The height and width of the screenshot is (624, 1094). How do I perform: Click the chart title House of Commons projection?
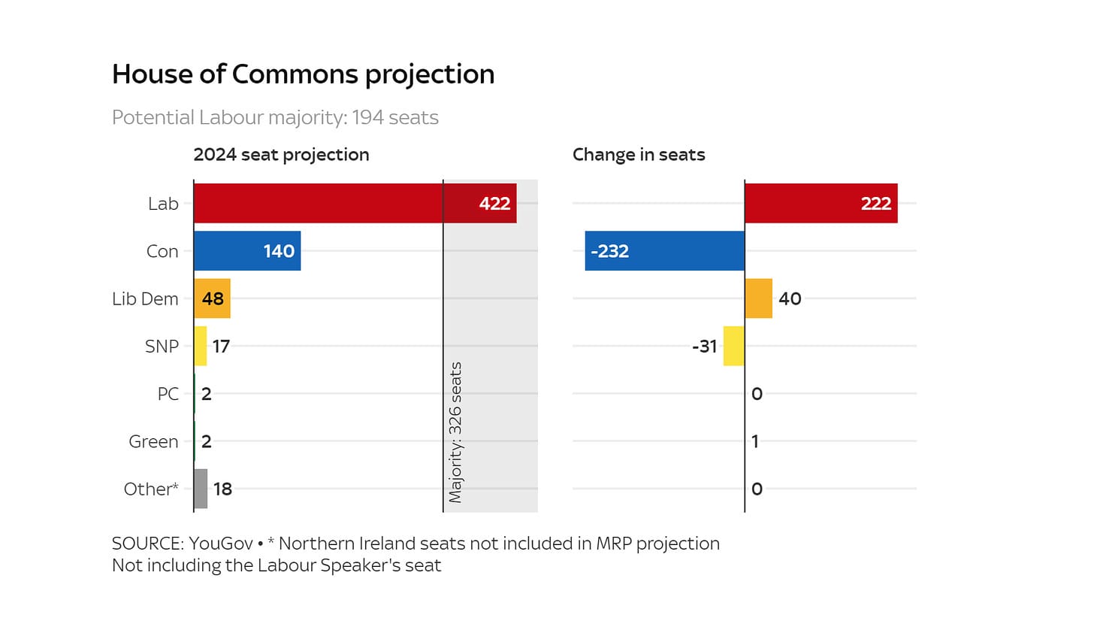pyautogui.click(x=303, y=74)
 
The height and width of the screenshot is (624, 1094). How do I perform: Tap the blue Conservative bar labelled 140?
pyautogui.click(x=246, y=251)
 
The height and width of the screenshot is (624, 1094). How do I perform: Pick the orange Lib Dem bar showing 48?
pyautogui.click(x=212, y=298)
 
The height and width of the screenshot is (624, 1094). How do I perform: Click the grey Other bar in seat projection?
pyautogui.click(x=201, y=489)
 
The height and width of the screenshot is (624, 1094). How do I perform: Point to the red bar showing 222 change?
pyautogui.click(x=820, y=203)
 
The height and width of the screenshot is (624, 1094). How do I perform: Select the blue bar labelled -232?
pyautogui.click(x=664, y=251)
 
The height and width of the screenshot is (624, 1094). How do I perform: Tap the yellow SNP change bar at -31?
pyautogui.click(x=733, y=346)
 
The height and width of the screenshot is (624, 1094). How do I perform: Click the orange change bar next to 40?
pyautogui.click(x=758, y=298)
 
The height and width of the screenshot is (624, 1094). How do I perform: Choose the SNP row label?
pyautogui.click(x=162, y=347)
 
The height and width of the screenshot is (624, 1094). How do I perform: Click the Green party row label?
pyautogui.click(x=153, y=441)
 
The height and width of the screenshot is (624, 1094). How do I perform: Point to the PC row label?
pyautogui.click(x=168, y=394)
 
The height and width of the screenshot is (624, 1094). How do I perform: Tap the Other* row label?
pyautogui.click(x=151, y=489)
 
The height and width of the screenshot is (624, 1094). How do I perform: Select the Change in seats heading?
pyautogui.click(x=639, y=155)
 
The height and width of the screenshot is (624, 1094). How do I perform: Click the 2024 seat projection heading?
pyautogui.click(x=281, y=155)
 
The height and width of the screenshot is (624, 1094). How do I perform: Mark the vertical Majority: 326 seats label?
pyautogui.click(x=455, y=432)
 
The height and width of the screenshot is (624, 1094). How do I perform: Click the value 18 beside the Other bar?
pyautogui.click(x=222, y=489)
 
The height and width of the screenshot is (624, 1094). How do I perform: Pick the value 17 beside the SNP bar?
pyautogui.click(x=221, y=347)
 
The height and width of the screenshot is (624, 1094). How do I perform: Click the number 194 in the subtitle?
pyautogui.click(x=368, y=118)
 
